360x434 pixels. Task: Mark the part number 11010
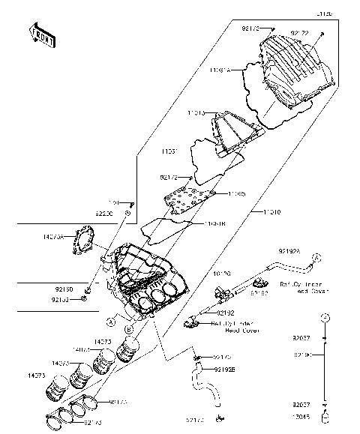(x=271, y=212)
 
